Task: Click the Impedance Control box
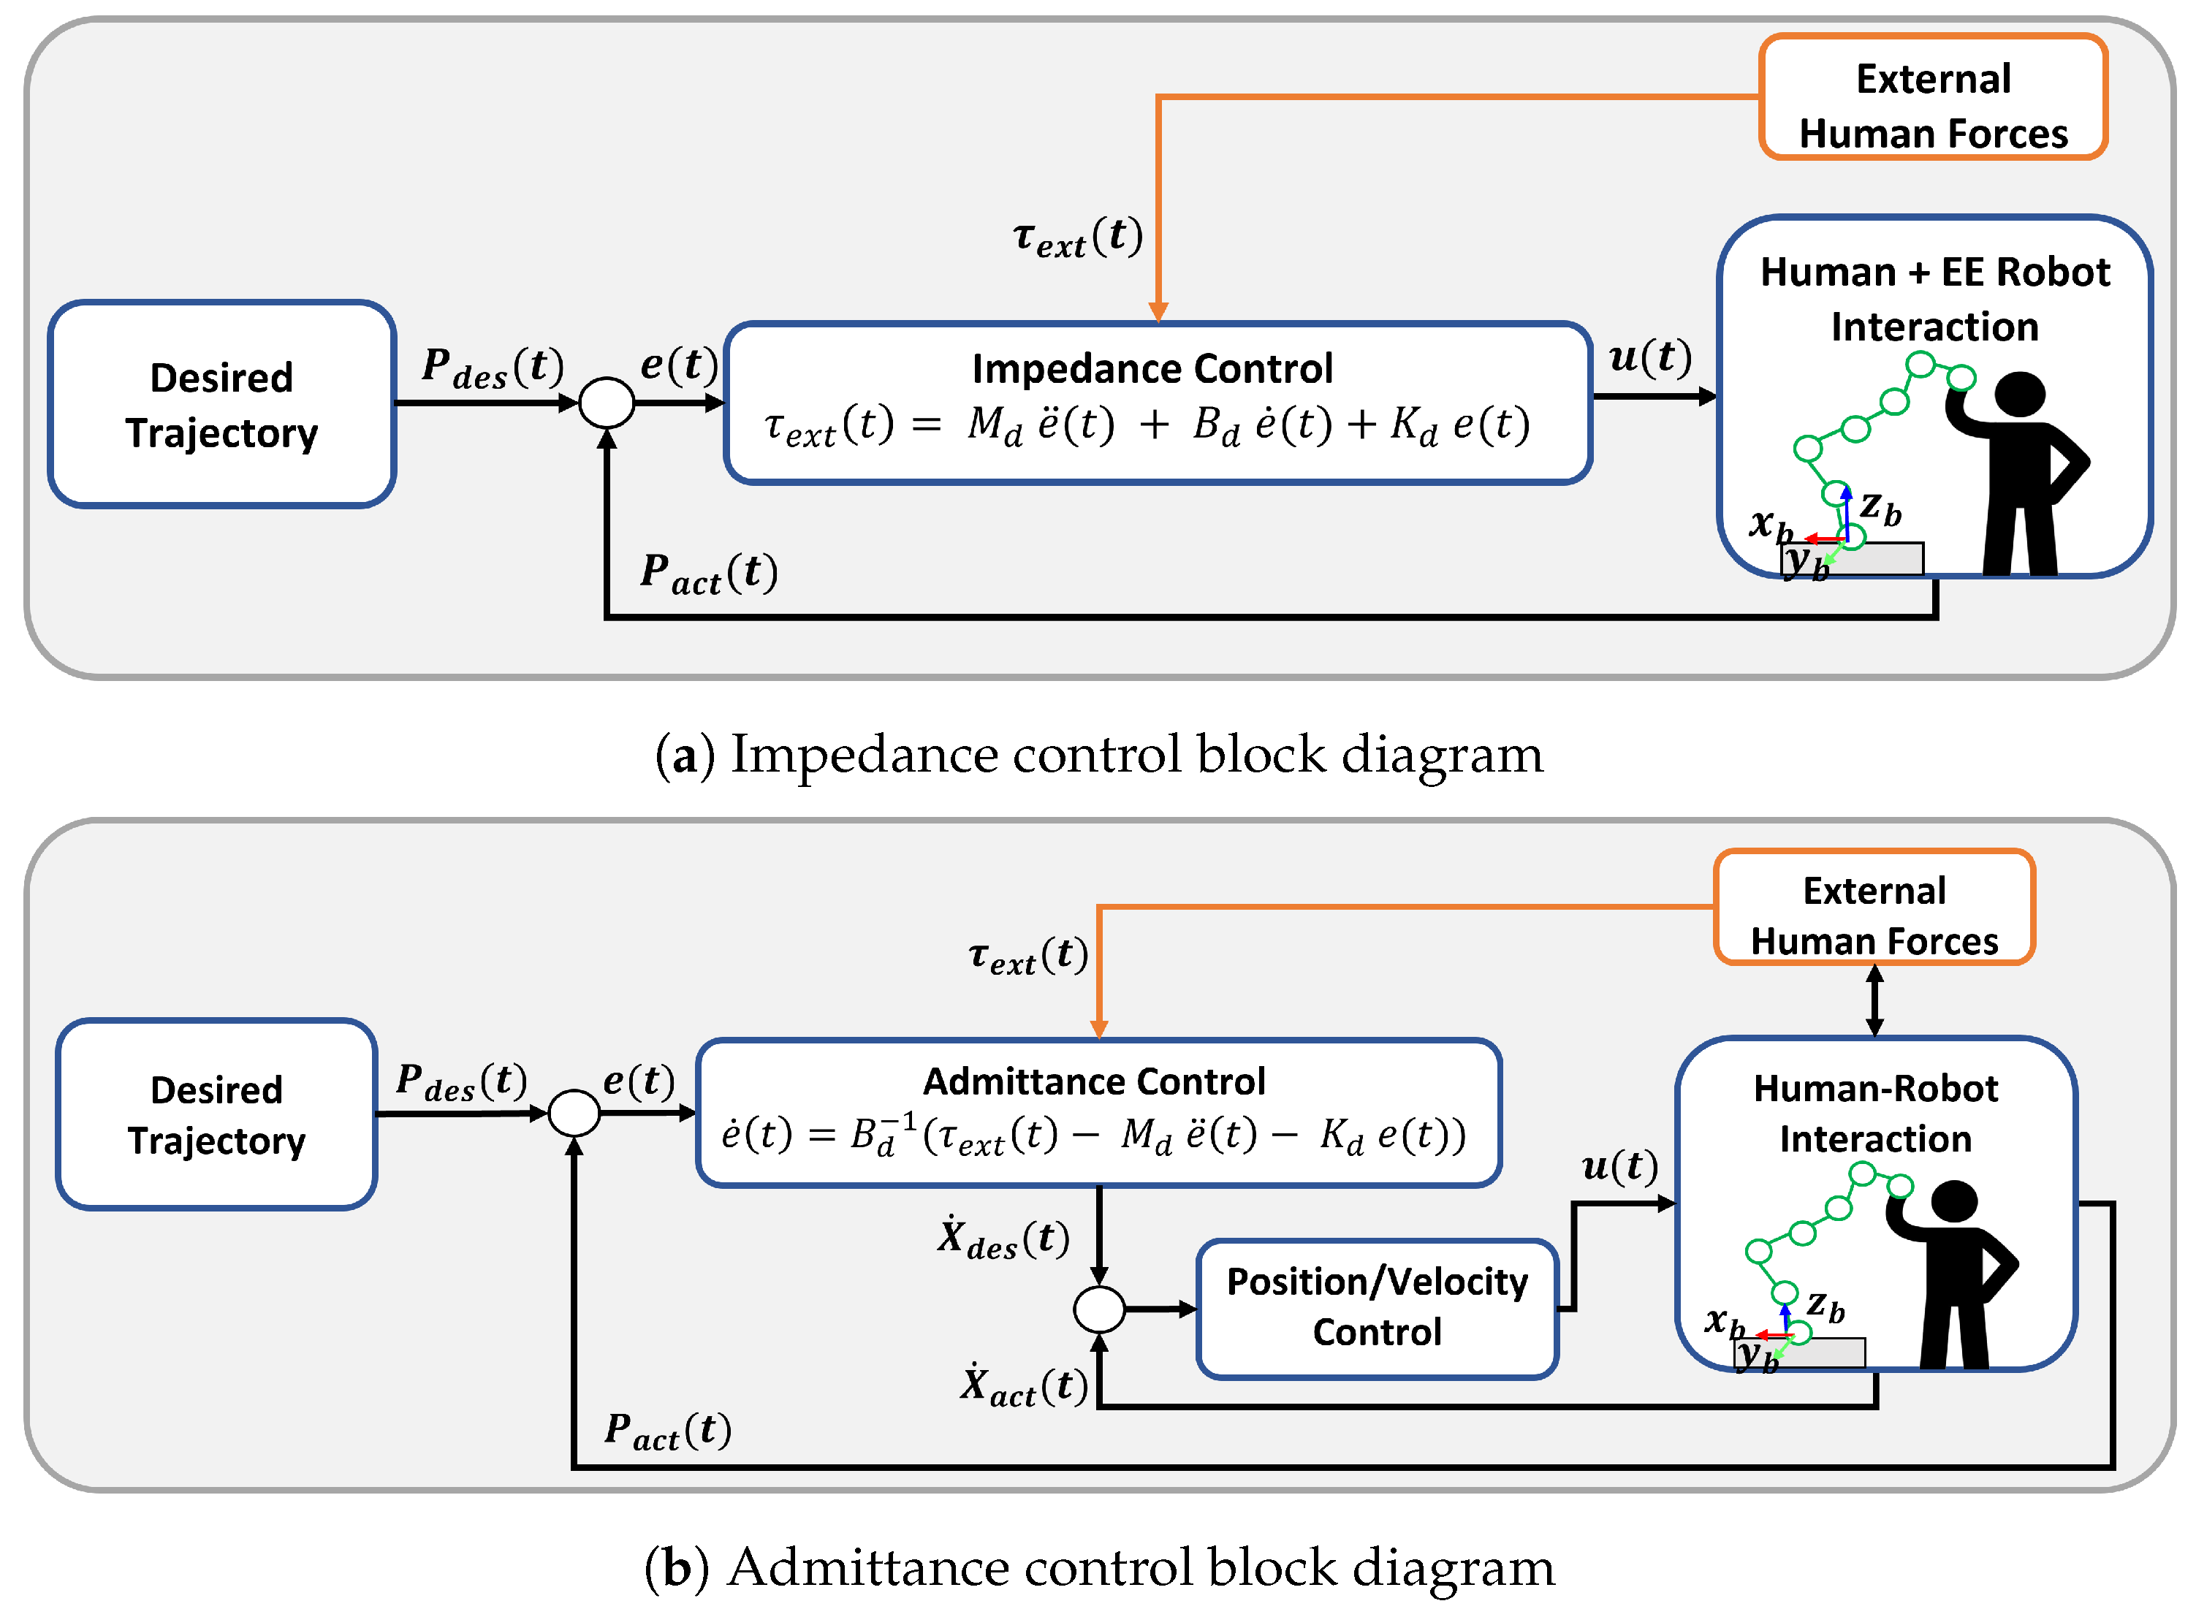1157,402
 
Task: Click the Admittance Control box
1098,1112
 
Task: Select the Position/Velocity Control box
1376,1308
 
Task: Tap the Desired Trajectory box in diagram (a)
222,404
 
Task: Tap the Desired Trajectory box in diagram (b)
216,1114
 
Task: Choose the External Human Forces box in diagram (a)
1932,97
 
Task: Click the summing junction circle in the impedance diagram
607,402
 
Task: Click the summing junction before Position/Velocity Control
1098,1309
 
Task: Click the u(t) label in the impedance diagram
1649,357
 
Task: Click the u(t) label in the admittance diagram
1619,1166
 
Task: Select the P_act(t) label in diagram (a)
708,573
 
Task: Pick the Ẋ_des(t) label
1003,1239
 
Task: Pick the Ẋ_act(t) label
1024,1386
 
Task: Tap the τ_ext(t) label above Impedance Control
1077,237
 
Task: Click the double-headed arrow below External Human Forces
1874,1000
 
